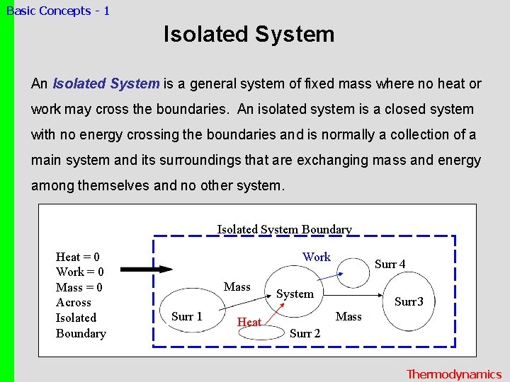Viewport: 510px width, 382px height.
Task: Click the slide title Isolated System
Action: pyautogui.click(x=249, y=34)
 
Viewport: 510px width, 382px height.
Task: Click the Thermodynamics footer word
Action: pyautogui.click(x=453, y=374)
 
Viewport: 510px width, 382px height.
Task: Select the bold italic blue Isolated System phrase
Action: pyautogui.click(x=106, y=83)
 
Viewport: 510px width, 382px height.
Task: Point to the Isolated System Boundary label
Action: pyautogui.click(x=284, y=229)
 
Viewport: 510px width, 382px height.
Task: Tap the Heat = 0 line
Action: pyautogui.click(x=78, y=257)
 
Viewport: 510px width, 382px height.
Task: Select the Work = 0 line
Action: pyautogui.click(x=79, y=272)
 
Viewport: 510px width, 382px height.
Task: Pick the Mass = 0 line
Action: pyautogui.click(x=79, y=287)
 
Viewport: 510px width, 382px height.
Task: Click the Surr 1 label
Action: pyautogui.click(x=186, y=316)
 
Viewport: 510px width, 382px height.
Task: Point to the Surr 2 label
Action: pyautogui.click(x=305, y=333)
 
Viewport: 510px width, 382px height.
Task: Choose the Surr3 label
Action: pyautogui.click(x=409, y=302)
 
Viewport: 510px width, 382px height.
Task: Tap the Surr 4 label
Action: pyautogui.click(x=390, y=264)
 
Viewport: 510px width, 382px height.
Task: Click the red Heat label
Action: pyautogui.click(x=249, y=322)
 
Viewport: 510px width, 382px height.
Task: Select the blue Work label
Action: pyautogui.click(x=317, y=257)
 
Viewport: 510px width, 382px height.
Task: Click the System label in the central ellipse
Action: pyautogui.click(x=295, y=294)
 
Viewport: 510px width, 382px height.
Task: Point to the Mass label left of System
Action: pyautogui.click(x=237, y=286)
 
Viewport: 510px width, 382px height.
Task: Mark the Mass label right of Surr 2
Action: pyautogui.click(x=348, y=316)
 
